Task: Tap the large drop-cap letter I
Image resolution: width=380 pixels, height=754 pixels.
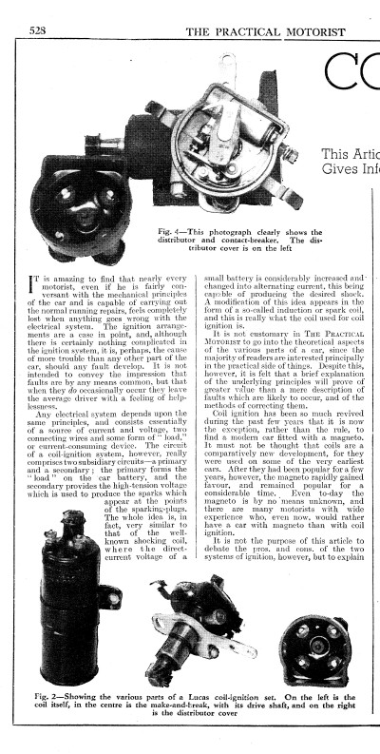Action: tap(35, 286)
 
